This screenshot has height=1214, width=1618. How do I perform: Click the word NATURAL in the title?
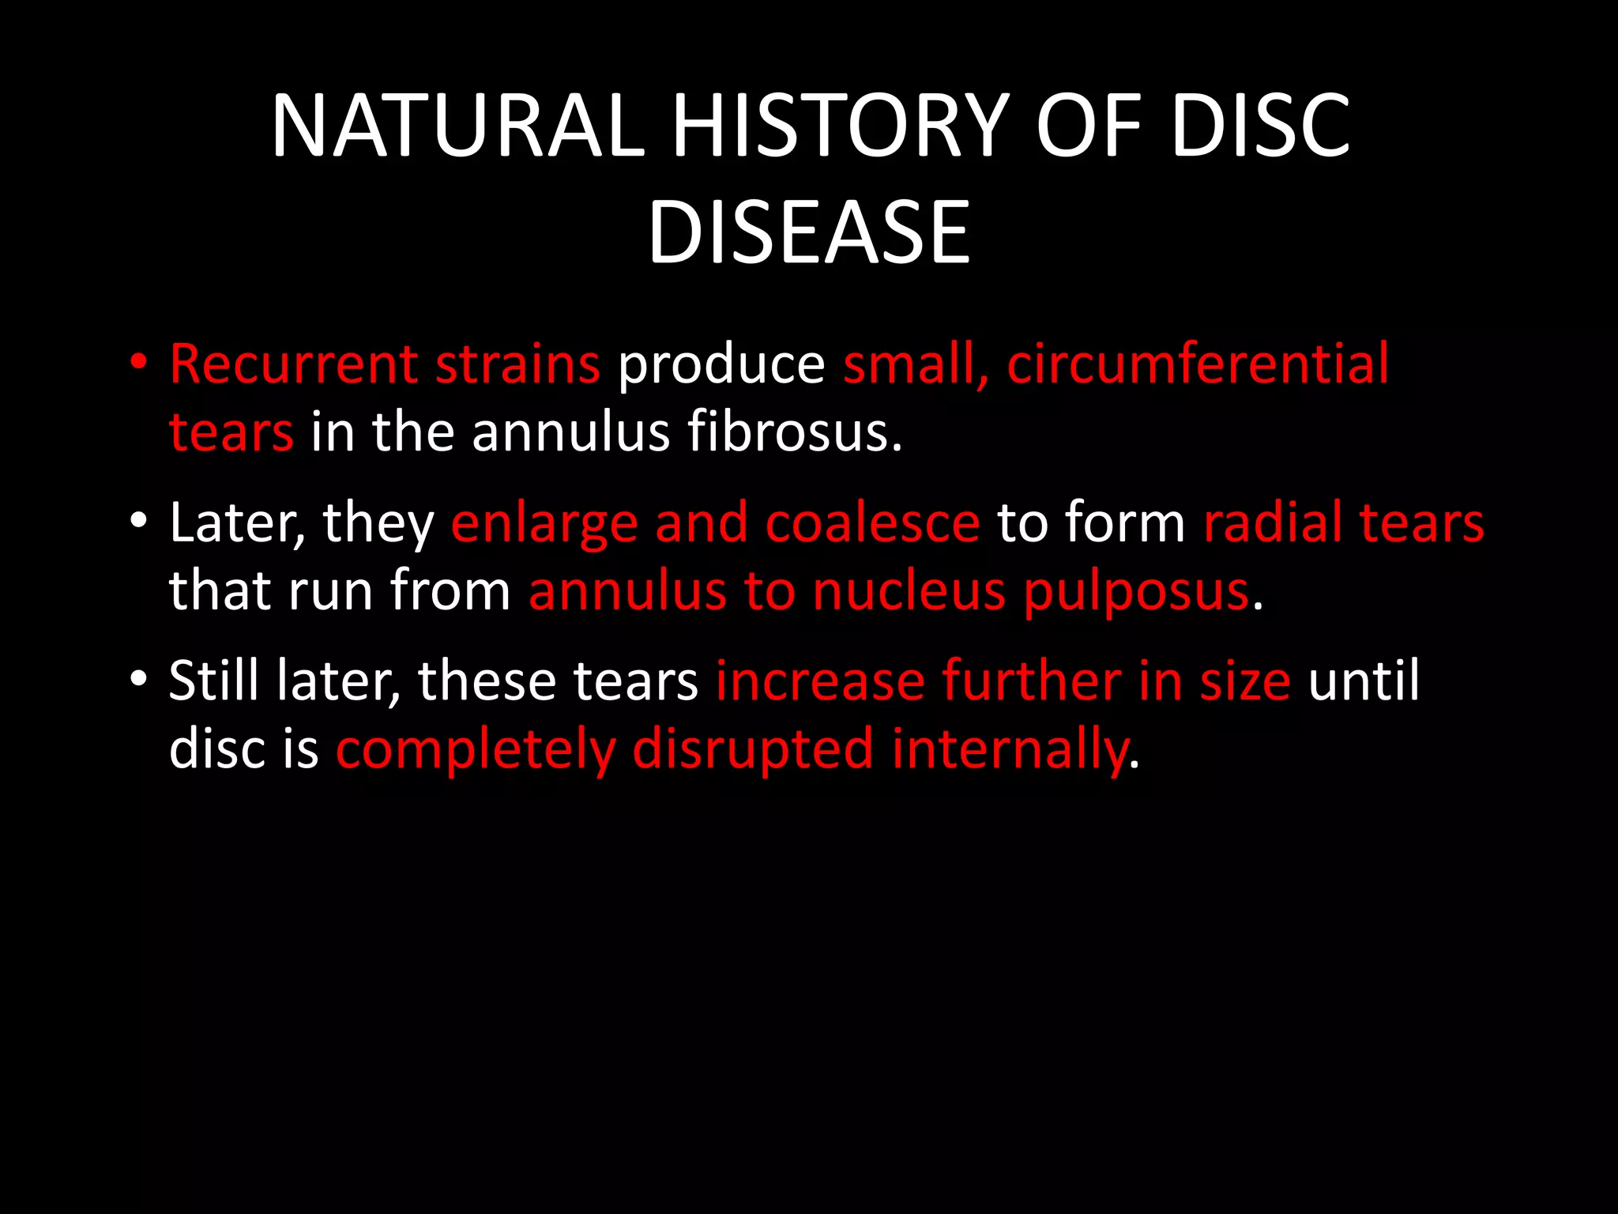pos(457,126)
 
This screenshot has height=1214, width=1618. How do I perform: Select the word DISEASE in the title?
pos(808,232)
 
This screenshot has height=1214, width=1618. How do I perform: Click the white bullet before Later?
pos(139,521)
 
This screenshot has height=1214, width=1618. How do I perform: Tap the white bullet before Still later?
pos(139,679)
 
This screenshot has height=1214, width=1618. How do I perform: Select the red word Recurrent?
pos(294,364)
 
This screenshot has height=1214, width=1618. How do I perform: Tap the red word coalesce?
pos(872,523)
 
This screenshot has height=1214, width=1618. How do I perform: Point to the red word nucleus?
pos(909,592)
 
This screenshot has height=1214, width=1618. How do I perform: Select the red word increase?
pos(819,681)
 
